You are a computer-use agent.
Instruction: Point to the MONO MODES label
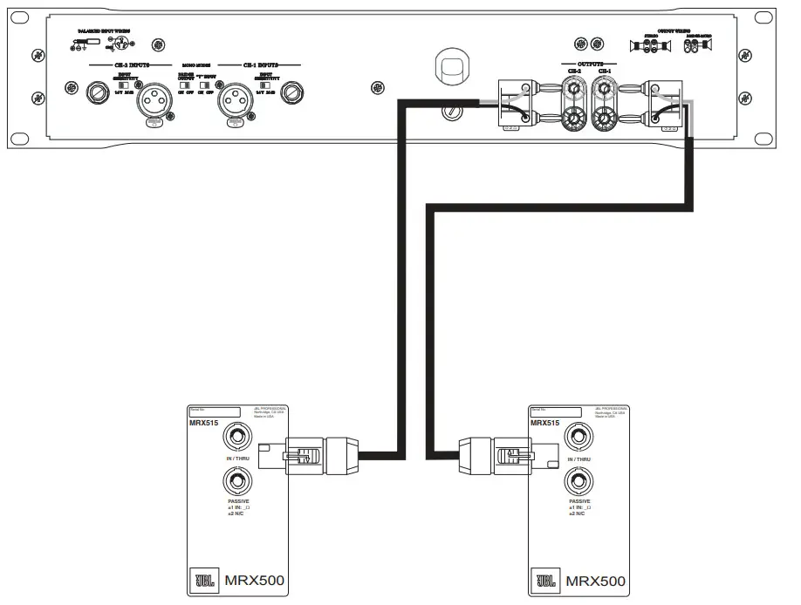click(x=195, y=65)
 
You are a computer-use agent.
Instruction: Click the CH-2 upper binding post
click(x=575, y=88)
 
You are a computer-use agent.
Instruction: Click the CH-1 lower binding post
click(x=604, y=118)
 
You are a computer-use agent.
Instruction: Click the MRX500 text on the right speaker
click(x=595, y=581)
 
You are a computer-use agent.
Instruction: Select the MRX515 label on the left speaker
click(x=203, y=423)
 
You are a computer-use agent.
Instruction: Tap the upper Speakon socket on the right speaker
click(x=575, y=437)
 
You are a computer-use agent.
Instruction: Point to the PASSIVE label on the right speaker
click(x=578, y=502)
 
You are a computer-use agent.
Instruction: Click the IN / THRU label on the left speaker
click(x=236, y=459)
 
